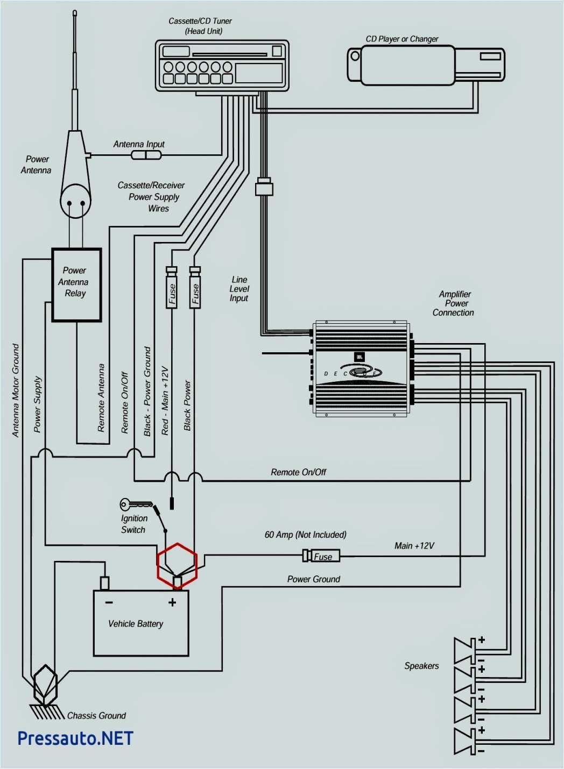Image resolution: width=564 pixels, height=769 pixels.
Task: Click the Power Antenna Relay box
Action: point(76,285)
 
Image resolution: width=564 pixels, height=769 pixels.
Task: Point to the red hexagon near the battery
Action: point(177,565)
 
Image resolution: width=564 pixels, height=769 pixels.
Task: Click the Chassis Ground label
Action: point(96,716)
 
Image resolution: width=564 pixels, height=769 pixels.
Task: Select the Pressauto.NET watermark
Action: point(75,738)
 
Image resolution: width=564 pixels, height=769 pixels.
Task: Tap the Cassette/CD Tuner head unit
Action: point(222,66)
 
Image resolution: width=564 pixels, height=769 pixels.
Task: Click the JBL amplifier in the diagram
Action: point(362,369)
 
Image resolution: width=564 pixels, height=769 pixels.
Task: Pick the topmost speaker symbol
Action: point(465,651)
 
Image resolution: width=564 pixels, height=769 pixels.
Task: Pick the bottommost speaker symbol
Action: point(465,741)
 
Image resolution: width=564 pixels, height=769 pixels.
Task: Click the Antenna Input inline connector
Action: point(146,155)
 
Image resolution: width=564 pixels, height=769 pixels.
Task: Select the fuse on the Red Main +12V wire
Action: point(172,293)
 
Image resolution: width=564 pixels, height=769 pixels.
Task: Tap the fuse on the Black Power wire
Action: point(195,293)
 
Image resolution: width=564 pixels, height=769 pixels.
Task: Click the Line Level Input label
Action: point(239,289)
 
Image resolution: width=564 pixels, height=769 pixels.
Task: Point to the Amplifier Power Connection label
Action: point(454,303)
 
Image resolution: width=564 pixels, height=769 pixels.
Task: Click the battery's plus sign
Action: point(172,602)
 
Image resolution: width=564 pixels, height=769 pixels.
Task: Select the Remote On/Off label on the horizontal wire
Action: point(299,472)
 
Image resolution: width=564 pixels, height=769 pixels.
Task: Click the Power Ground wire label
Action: point(313,579)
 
